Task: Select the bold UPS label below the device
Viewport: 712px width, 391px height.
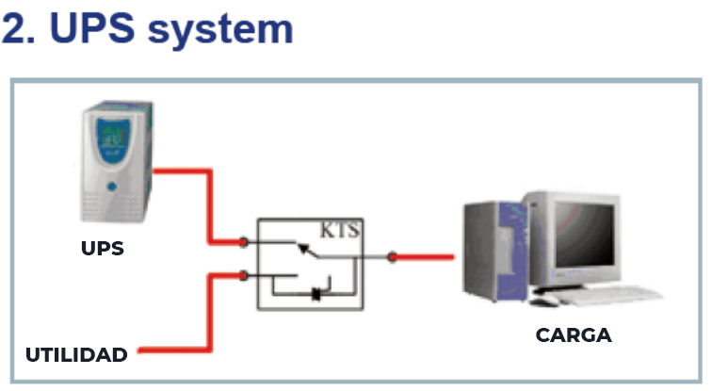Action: coord(102,250)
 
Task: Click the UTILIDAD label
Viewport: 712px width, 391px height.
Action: coord(76,355)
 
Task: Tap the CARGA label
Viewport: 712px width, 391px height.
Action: coord(574,334)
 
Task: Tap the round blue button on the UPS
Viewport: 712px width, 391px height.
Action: coord(112,186)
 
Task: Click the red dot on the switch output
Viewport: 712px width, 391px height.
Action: coord(393,256)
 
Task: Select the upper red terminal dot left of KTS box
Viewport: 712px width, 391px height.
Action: coord(243,243)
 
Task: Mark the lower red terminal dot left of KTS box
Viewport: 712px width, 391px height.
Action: coord(243,276)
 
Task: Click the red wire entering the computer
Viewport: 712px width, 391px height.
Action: coord(429,256)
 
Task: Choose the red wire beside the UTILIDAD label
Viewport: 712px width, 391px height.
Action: coord(170,354)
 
